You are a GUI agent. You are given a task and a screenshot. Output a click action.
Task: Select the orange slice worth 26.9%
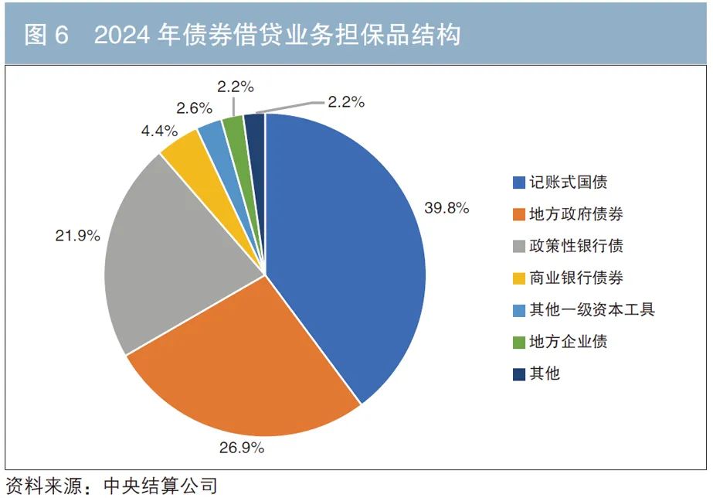(255, 363)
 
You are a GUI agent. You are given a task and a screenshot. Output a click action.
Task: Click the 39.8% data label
(446, 207)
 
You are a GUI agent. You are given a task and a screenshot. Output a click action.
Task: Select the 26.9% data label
(242, 447)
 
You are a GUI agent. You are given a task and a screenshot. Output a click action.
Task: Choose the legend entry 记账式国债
(569, 182)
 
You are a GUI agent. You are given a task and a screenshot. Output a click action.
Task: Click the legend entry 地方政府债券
(576, 214)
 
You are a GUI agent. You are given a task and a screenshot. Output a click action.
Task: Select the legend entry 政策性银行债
(576, 247)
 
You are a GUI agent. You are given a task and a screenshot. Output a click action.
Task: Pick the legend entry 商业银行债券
(576, 278)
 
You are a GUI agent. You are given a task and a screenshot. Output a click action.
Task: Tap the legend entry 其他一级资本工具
(592, 310)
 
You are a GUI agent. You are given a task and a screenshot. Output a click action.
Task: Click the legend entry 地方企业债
(569, 342)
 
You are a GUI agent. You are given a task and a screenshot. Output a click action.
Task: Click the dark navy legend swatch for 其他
(519, 374)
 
